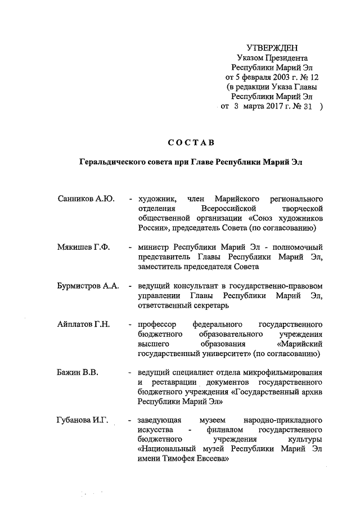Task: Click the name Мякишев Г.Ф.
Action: [83, 247]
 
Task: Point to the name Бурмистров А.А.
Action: [88, 286]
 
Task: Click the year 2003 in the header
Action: [281, 76]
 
